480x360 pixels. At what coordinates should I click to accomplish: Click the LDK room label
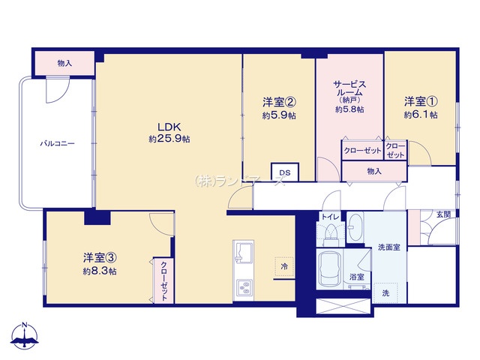point(169,127)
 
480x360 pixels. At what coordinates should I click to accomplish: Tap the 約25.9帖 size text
point(169,139)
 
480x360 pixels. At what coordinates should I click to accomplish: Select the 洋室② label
point(279,102)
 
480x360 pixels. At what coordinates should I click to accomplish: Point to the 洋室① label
point(421,101)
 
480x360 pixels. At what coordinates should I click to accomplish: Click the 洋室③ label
point(100,258)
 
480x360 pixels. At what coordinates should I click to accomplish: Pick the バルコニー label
point(58,143)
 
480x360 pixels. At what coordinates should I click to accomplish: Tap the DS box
point(285,172)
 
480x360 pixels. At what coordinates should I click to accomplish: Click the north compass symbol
point(25,335)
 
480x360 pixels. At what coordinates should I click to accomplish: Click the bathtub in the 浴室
point(329,269)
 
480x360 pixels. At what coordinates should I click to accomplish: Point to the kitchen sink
point(244,252)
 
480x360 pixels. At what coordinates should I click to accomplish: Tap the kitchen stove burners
point(244,287)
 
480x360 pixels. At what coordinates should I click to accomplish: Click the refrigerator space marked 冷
point(284,267)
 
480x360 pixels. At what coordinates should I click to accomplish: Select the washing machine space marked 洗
point(385,293)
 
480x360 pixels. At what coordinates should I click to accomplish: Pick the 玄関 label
point(443,214)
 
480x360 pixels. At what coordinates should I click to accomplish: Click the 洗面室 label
point(389,247)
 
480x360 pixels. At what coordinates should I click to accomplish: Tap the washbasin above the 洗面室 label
point(355,226)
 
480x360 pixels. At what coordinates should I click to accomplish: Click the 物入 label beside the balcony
point(64,63)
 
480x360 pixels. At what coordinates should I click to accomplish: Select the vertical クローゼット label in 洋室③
point(164,280)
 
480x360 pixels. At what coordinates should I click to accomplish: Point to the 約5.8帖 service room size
point(349,109)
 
